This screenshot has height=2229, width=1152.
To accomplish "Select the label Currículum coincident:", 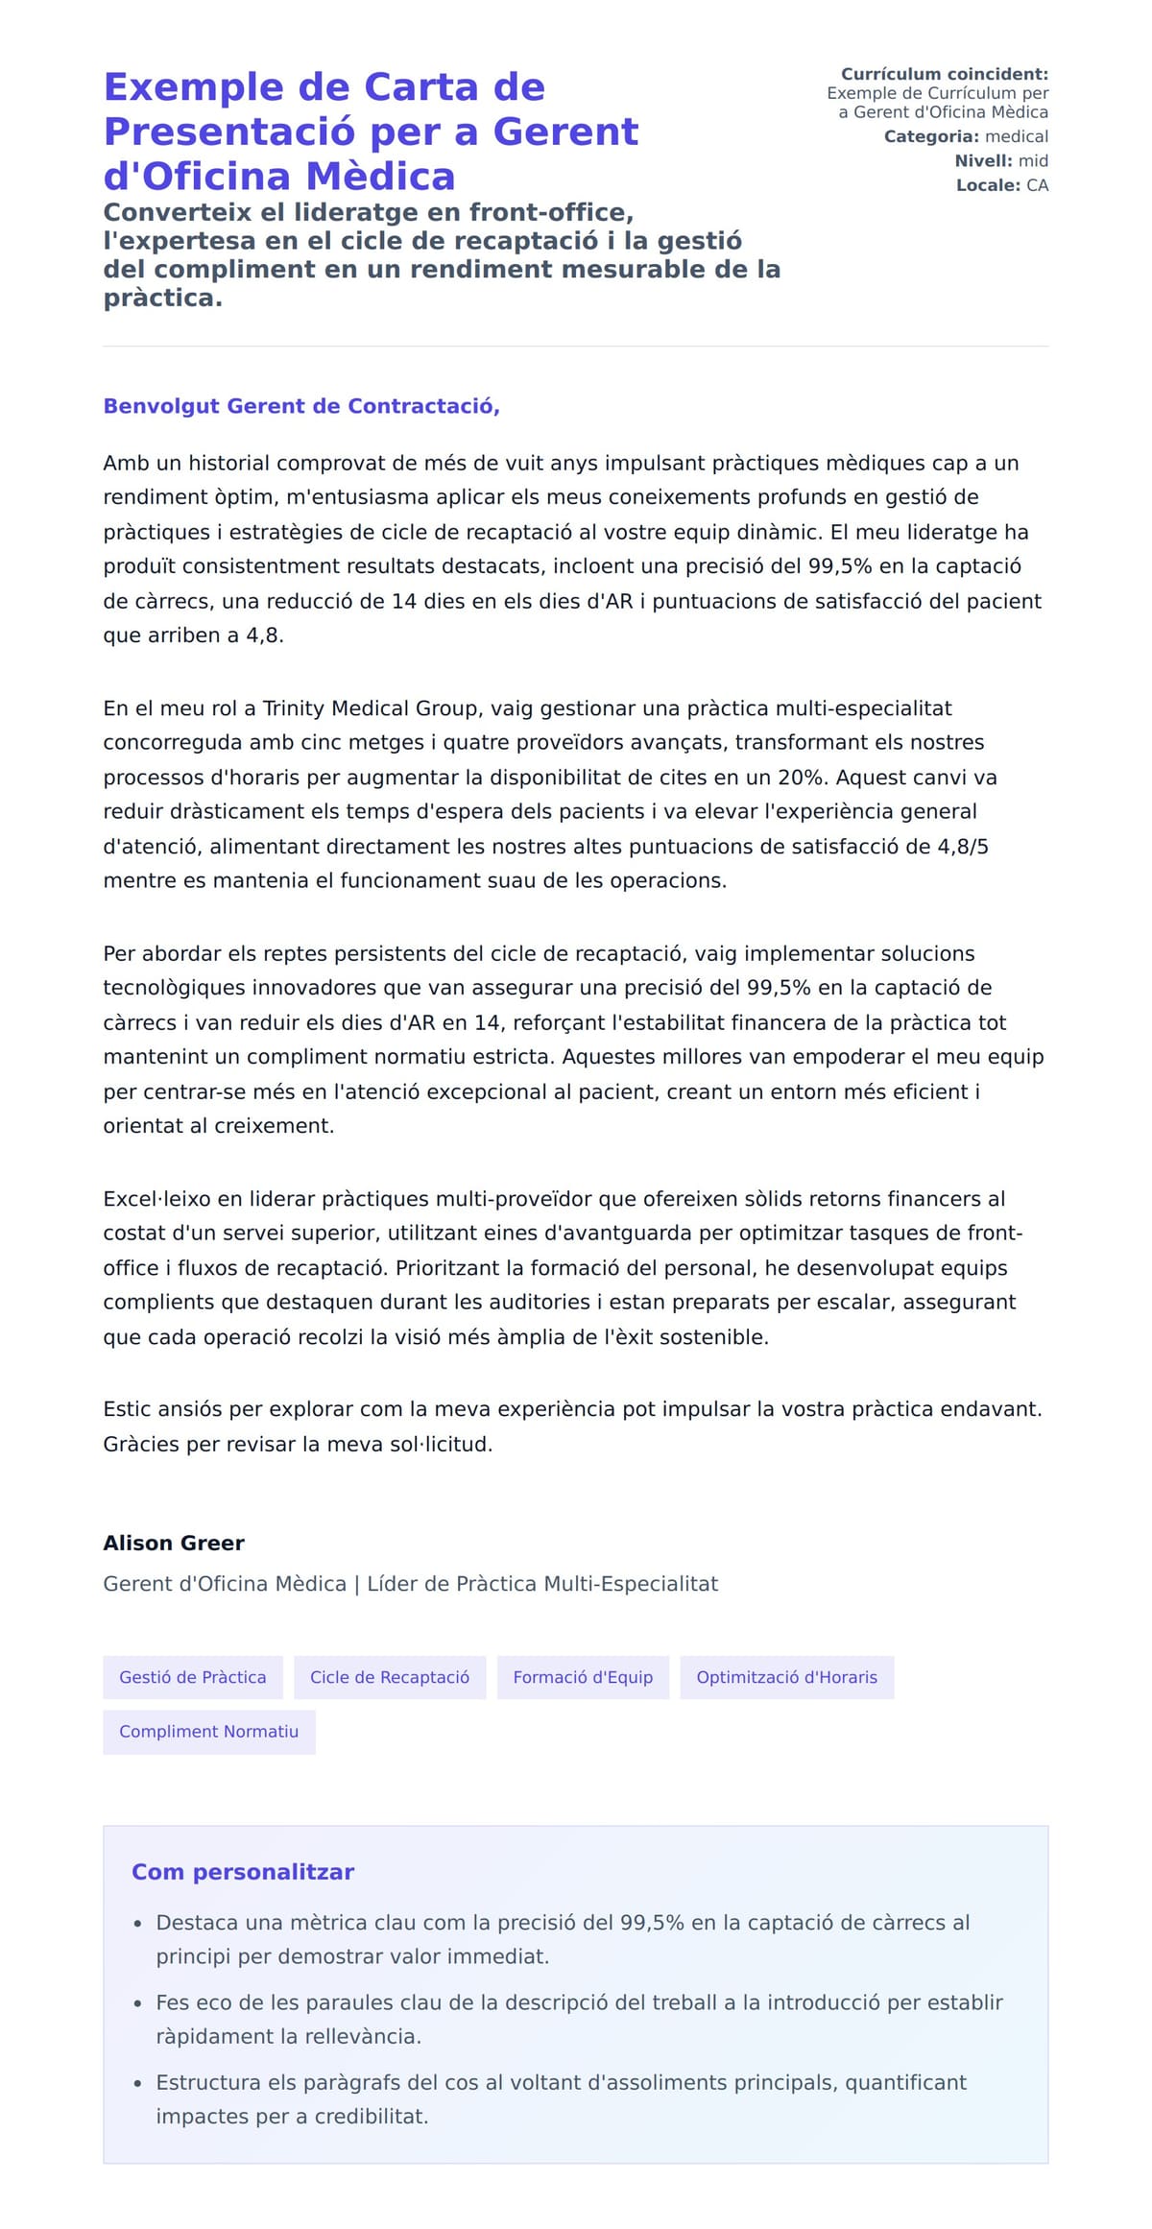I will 944,74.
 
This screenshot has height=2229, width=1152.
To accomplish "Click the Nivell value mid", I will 1033,160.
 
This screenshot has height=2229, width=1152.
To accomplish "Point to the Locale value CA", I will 1037,185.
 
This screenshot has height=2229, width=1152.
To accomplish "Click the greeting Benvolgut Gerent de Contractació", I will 300,406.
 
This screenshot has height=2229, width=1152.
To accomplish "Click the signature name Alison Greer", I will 174,1543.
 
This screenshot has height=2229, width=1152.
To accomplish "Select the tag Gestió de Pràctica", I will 193,1677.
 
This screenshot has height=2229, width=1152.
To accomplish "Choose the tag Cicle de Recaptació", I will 390,1677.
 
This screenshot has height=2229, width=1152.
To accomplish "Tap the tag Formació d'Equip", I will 583,1677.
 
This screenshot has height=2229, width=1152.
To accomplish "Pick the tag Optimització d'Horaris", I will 786,1677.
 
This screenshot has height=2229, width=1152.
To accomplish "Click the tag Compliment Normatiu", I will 208,1731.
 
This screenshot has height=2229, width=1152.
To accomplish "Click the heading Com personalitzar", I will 243,1871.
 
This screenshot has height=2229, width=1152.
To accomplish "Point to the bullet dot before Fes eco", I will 138,2004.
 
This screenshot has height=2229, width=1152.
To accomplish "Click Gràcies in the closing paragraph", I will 141,1444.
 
